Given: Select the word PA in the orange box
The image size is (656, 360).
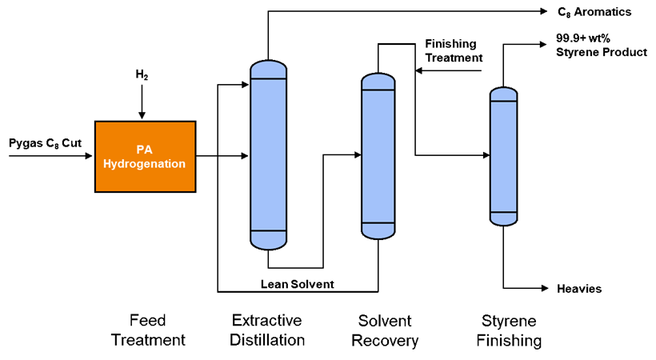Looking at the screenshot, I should tap(144, 150).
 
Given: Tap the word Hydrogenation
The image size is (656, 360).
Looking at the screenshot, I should tap(145, 164).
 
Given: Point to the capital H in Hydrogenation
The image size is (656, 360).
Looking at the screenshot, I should tap(108, 163).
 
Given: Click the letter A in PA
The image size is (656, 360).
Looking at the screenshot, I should tap(148, 150).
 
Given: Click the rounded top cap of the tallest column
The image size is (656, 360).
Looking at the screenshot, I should tap(269, 69).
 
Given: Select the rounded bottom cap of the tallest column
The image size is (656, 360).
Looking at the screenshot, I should tap(269, 240).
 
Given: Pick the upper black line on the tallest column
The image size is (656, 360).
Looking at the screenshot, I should tap(269, 78).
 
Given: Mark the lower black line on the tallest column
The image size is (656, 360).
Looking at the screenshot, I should tap(269, 230).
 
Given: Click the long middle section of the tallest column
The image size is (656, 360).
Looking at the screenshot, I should tap(269, 154).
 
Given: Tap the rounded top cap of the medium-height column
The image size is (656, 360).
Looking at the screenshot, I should tap(378, 82).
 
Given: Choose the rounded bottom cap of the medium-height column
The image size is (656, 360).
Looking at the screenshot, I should tap(378, 230).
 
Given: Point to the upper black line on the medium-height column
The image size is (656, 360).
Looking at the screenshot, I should tap(378, 90).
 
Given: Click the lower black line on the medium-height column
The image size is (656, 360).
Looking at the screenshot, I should tap(378, 222).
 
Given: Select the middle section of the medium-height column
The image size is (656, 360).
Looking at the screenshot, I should tap(378, 156).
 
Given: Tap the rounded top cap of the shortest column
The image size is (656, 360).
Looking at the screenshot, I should tap(503, 94).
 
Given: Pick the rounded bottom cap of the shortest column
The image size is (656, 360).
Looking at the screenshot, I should tap(503, 218).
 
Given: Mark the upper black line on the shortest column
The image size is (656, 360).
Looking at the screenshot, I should tap(503, 102).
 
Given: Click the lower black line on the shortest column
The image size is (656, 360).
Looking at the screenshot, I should tap(503, 212).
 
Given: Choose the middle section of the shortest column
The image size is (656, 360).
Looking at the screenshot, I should tap(503, 157).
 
